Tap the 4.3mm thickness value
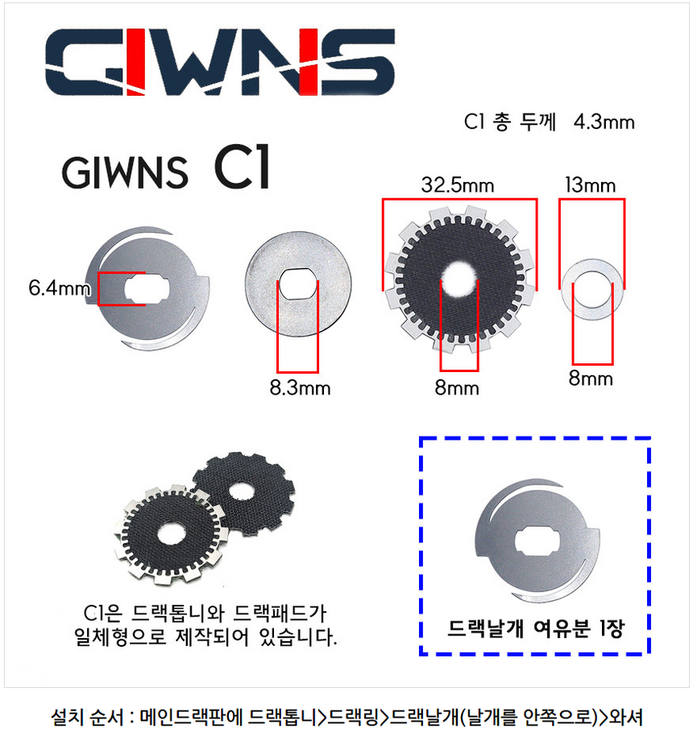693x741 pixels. [x=604, y=122]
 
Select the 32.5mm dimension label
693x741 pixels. [x=458, y=185]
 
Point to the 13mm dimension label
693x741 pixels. [x=591, y=185]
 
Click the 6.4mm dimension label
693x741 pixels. [x=58, y=288]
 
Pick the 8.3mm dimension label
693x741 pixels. [x=300, y=388]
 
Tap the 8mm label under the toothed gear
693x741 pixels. [x=457, y=388]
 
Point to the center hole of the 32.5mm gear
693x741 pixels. [x=459, y=279]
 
